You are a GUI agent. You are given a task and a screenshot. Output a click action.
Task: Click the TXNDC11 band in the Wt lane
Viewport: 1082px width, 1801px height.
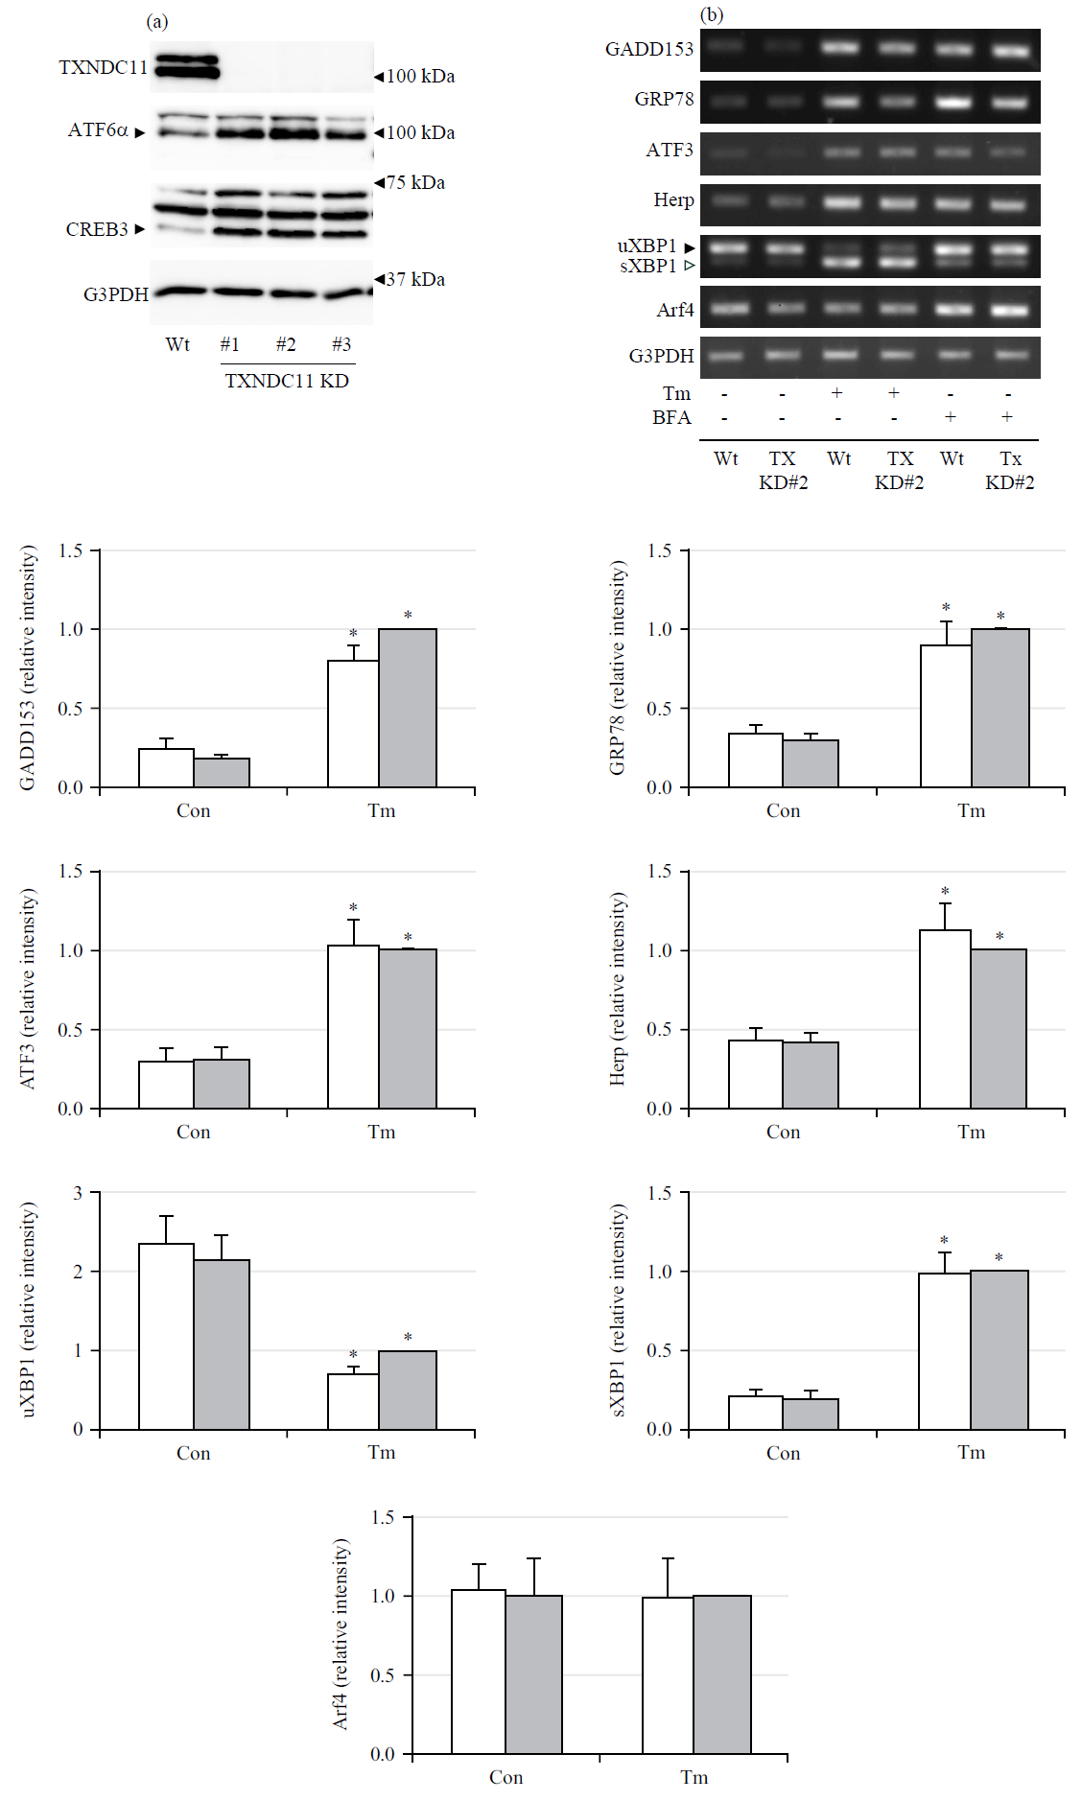coord(187,66)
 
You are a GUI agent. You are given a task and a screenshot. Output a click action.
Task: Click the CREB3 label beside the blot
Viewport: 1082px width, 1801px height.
coord(97,229)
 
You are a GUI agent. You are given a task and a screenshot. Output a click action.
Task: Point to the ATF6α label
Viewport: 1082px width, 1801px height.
coord(98,129)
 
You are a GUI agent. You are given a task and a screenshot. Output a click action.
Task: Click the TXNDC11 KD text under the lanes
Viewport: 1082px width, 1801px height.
coord(287,381)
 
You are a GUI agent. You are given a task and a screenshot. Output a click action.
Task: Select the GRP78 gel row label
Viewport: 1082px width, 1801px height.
coord(664,99)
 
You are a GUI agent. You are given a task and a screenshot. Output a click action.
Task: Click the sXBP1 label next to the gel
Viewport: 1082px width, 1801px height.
coord(648,266)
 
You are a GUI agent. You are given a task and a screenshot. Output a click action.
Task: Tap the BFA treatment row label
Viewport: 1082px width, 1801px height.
coord(671,417)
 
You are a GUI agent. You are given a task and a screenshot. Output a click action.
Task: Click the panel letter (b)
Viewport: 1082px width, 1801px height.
coord(712,14)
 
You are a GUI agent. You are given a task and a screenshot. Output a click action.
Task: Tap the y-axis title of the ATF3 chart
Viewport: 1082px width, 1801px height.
coord(28,988)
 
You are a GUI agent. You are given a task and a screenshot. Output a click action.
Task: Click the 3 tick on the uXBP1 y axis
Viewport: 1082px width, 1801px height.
coord(78,1193)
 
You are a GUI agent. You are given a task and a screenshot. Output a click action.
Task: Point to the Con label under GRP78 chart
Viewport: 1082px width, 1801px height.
coord(783,810)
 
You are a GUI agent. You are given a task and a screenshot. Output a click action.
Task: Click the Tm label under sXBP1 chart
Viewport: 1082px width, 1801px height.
coord(971,1452)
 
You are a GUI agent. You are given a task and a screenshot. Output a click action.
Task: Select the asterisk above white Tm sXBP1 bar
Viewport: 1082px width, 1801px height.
coord(944,1241)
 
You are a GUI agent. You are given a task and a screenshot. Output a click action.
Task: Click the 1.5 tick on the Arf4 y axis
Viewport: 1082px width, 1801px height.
coord(383,1517)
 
